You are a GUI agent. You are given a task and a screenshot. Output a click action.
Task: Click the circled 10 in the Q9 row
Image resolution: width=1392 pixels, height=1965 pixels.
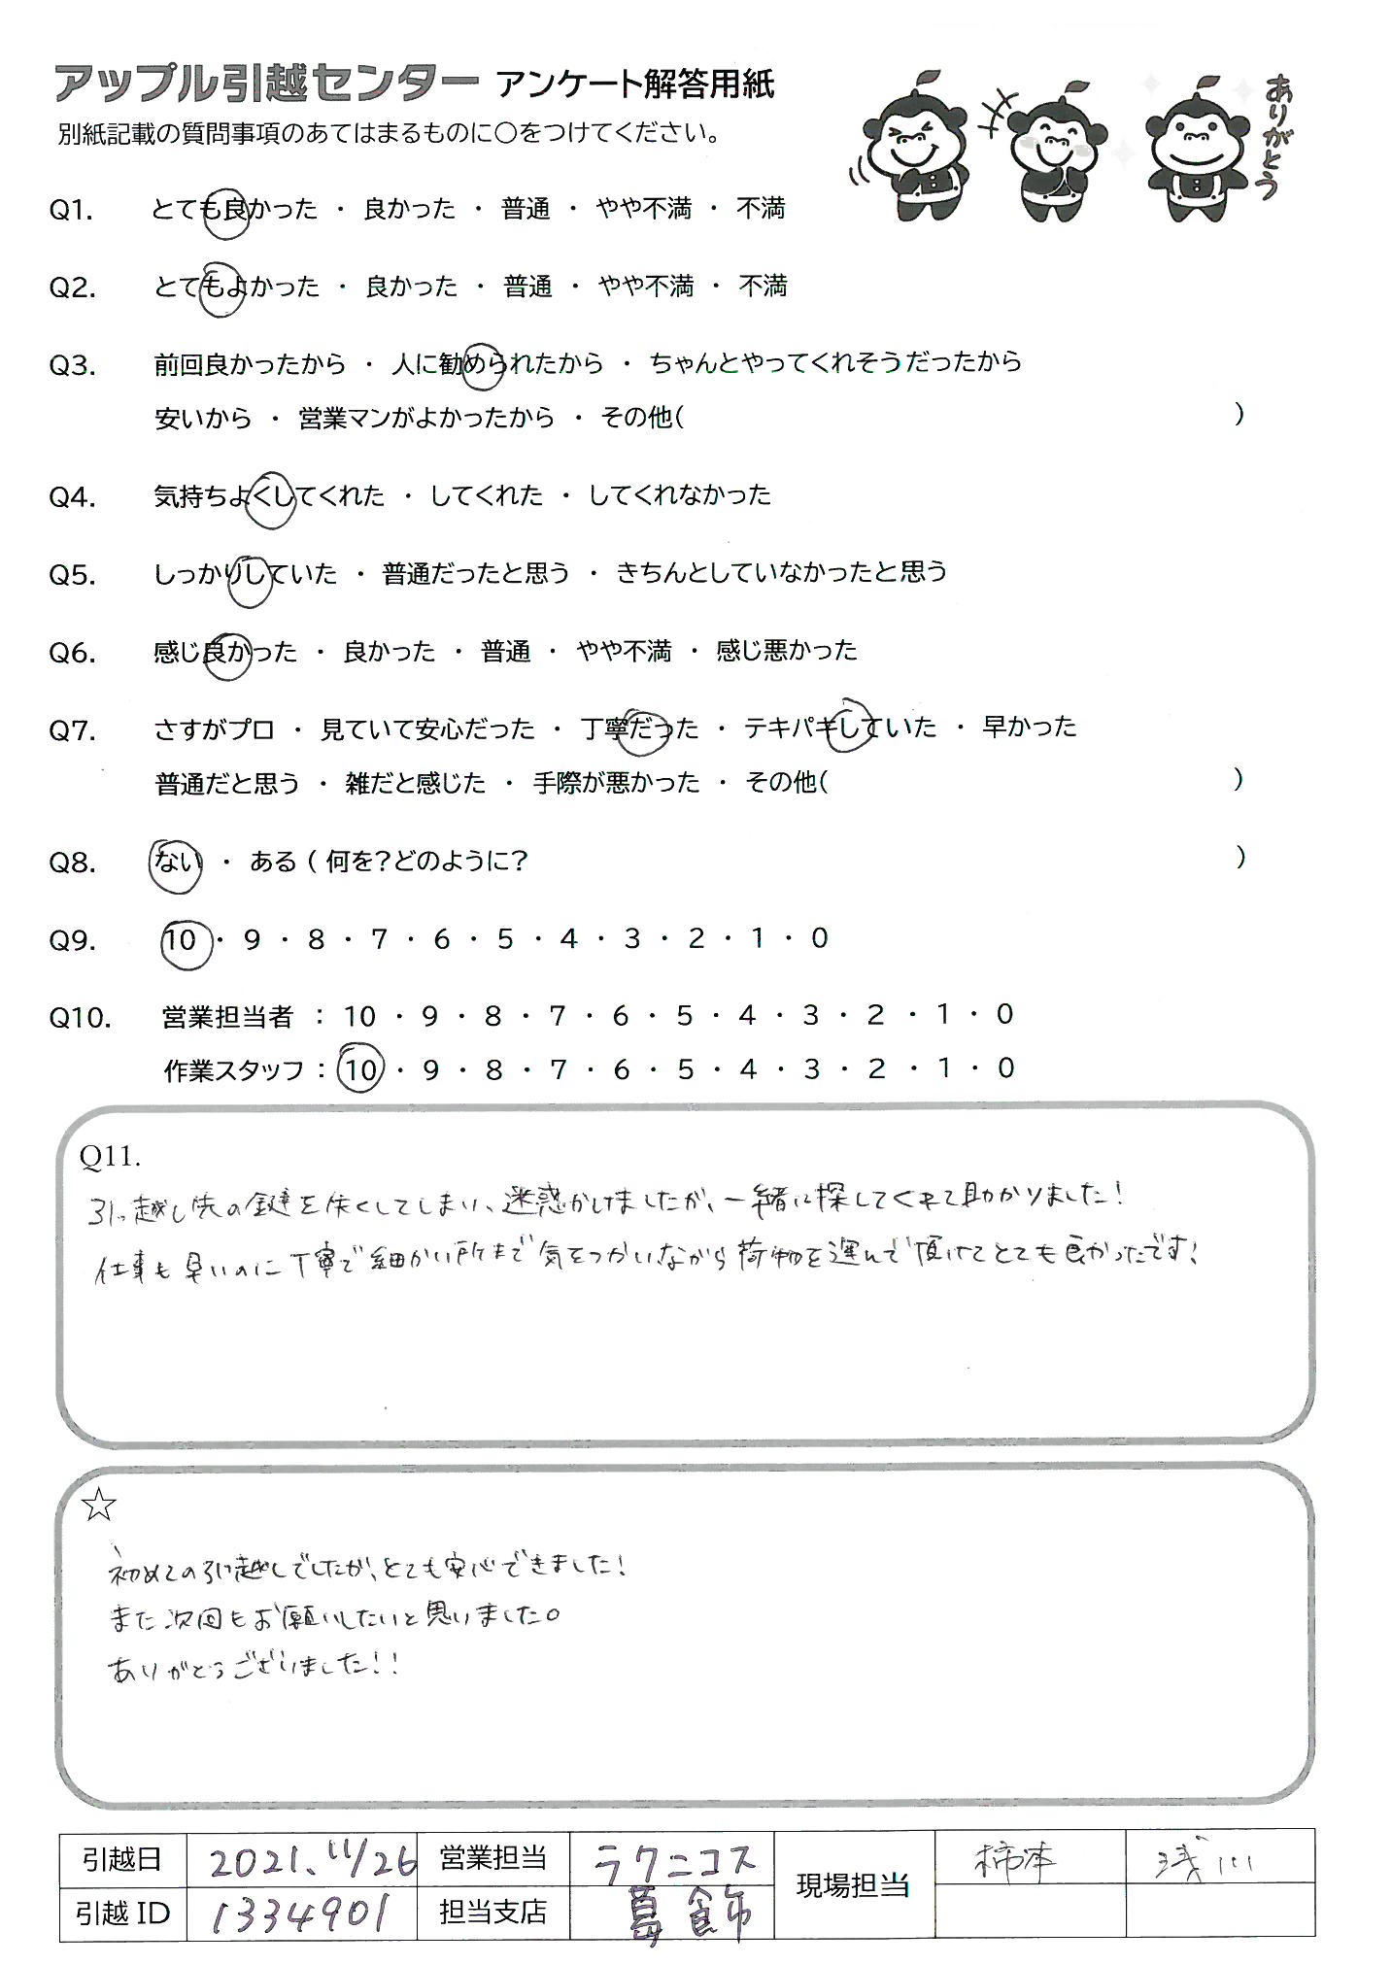182,940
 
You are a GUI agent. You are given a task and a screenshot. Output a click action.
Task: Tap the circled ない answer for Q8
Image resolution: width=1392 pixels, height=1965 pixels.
176,862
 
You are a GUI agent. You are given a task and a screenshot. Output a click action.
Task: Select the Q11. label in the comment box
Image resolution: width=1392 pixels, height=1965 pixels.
111,1156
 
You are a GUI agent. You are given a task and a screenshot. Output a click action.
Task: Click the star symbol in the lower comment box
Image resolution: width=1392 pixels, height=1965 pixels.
99,1505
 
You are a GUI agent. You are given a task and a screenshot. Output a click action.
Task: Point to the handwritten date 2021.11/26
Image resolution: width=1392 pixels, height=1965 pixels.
311,1859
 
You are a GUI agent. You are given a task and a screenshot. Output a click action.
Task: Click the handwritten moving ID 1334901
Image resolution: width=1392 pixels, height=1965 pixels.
299,1914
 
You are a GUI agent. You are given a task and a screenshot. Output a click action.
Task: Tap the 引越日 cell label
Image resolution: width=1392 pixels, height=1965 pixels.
121,1859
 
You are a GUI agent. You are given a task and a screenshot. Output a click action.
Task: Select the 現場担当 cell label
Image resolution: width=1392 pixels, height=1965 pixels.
852,1885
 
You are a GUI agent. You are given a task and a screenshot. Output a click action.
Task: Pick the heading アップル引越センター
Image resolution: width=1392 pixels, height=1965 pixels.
265,85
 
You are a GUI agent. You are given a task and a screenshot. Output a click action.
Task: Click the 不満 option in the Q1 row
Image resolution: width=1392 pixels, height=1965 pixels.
761,208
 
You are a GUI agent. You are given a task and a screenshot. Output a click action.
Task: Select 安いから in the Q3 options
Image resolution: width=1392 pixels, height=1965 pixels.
202,419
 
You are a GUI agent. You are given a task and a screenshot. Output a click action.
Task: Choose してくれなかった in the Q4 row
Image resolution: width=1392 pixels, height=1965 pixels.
679,495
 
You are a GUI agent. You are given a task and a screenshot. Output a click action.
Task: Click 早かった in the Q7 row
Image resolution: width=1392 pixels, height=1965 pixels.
1029,727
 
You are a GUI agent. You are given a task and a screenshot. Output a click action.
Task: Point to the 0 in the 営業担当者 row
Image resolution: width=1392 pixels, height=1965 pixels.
1004,1015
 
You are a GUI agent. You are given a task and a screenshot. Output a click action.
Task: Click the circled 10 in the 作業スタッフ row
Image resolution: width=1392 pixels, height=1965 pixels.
360,1069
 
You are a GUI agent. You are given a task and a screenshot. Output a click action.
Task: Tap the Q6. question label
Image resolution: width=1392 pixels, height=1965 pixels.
72,652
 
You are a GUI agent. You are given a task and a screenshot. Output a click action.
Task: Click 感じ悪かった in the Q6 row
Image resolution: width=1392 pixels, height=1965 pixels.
786,650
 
